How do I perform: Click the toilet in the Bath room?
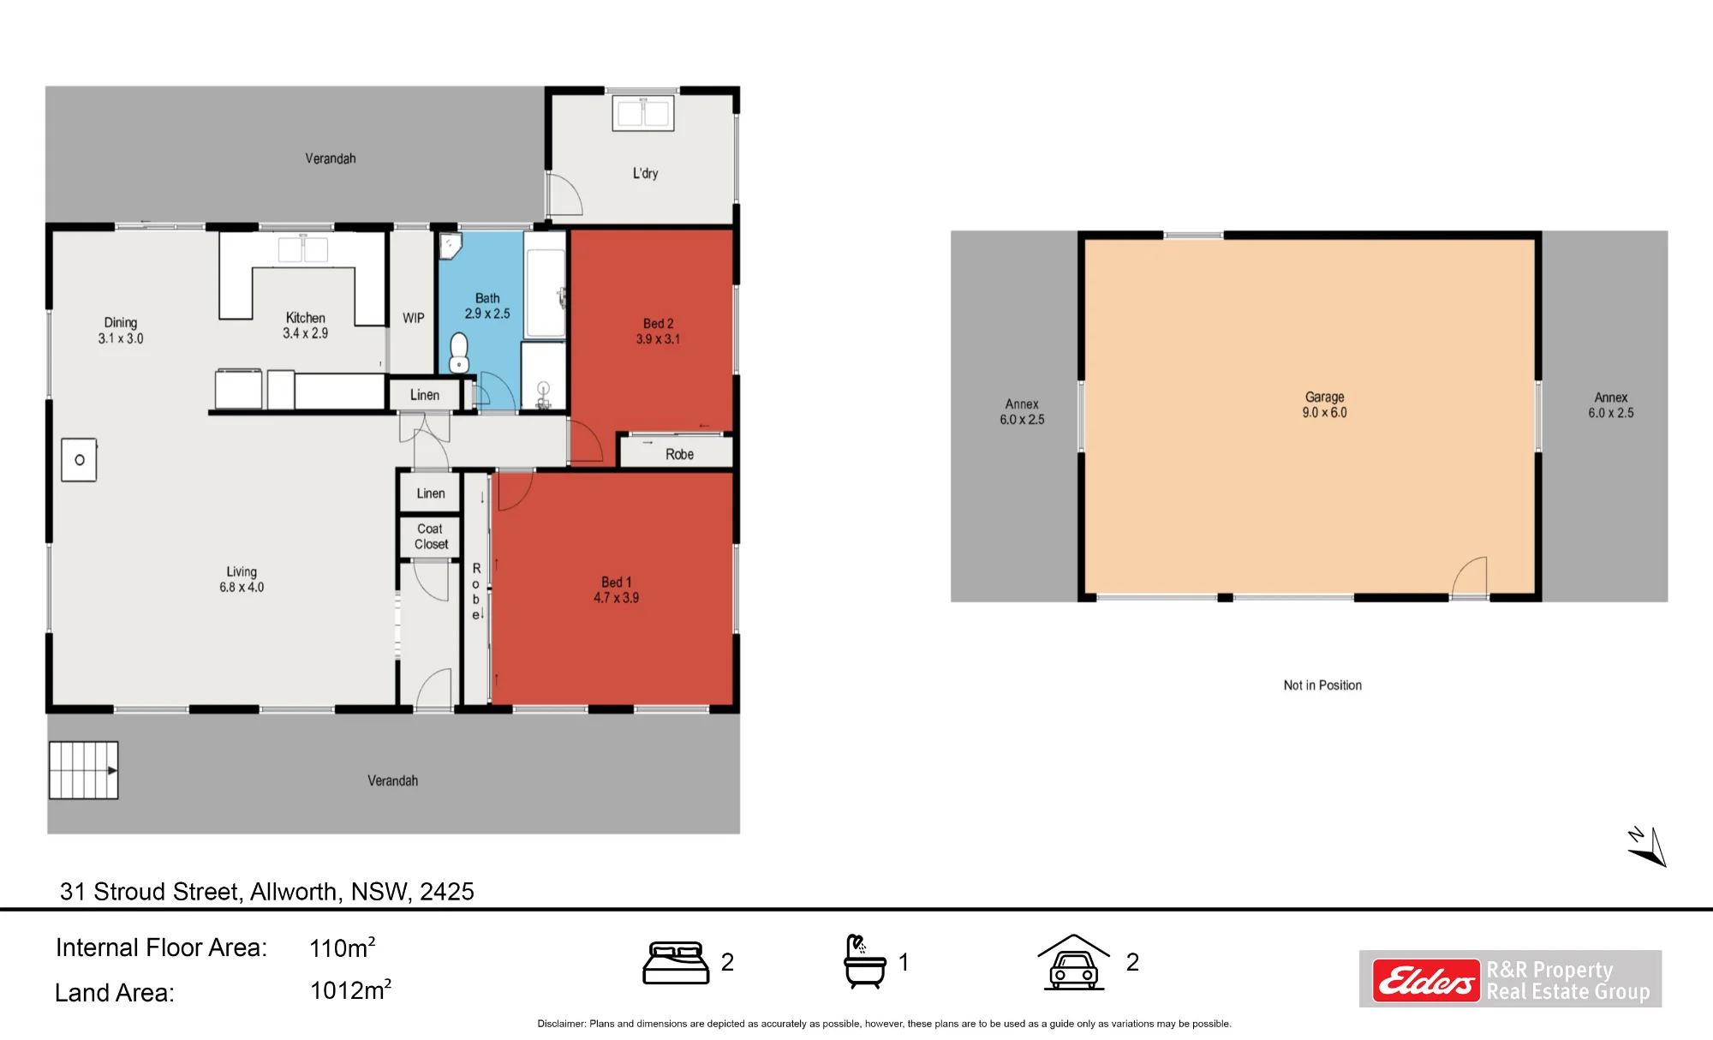(x=459, y=353)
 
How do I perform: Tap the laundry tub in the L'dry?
(x=643, y=114)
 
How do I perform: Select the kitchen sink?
(x=303, y=249)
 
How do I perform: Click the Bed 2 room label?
(x=658, y=324)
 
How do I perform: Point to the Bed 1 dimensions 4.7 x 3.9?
(x=616, y=598)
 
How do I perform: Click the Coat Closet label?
(x=431, y=536)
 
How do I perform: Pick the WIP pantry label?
(x=414, y=318)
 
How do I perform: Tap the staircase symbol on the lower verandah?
(x=83, y=770)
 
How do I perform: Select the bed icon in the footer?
(x=676, y=963)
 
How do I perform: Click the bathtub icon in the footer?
(x=864, y=961)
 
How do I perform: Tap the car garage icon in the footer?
(x=1074, y=962)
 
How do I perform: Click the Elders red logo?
(x=1426, y=980)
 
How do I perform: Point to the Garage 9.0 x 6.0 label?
(x=1324, y=404)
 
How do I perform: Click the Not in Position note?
(x=1322, y=685)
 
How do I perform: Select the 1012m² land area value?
(x=350, y=989)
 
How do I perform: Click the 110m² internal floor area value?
(x=342, y=947)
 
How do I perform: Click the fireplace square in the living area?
(x=79, y=460)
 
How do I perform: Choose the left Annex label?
(x=1022, y=411)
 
